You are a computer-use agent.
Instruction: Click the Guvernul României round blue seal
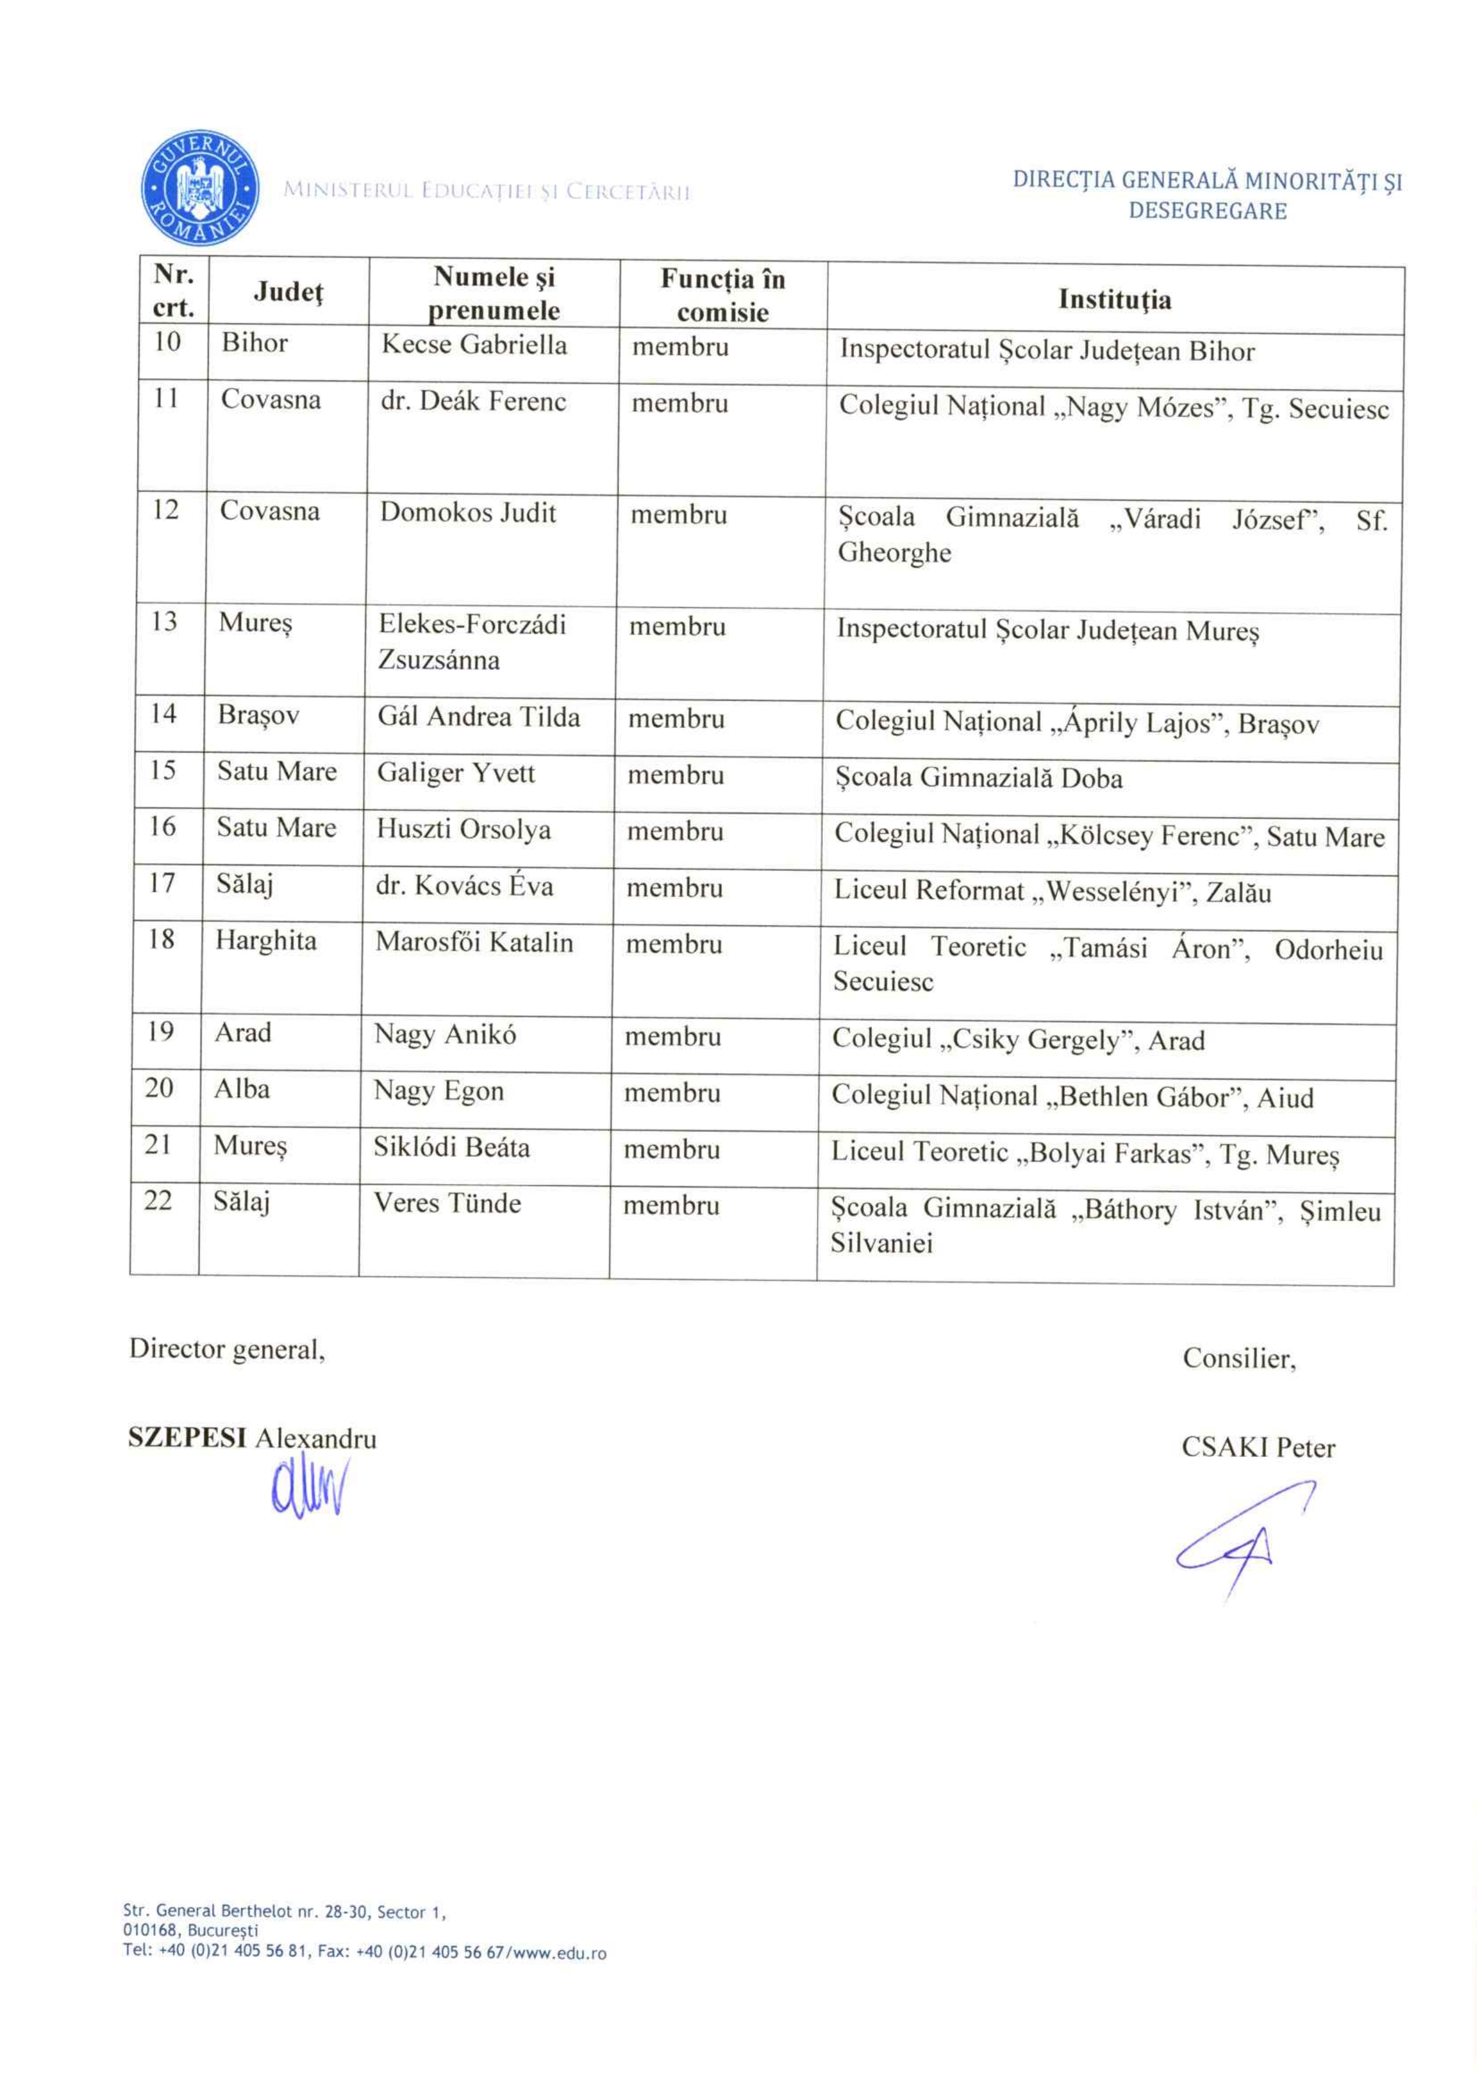(199, 188)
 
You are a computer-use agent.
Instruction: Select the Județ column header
(288, 291)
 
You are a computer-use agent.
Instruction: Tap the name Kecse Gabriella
(474, 345)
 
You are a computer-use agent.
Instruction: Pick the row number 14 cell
(164, 714)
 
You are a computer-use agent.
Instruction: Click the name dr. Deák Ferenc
(473, 401)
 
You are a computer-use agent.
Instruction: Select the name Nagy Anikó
(445, 1034)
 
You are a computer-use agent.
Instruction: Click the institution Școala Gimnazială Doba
(979, 778)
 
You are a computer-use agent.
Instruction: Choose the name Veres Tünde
(447, 1203)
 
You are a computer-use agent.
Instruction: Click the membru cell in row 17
(674, 888)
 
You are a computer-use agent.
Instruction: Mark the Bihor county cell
(255, 343)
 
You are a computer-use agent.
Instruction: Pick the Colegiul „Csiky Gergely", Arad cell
(1018, 1040)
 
